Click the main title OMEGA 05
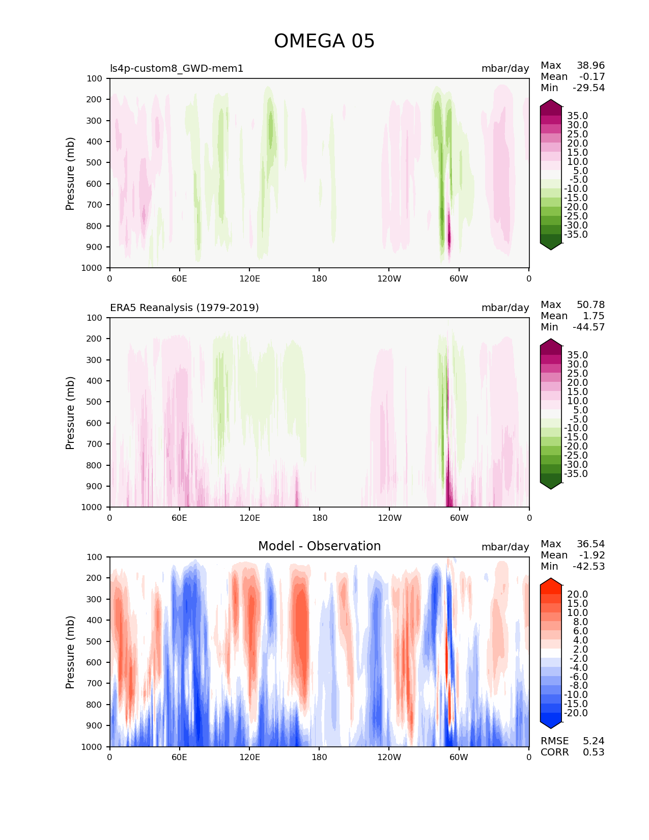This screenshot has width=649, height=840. pyautogui.click(x=324, y=41)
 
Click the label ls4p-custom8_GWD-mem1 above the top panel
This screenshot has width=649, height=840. pyautogui.click(x=177, y=68)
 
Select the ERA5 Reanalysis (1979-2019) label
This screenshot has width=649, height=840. pyautogui.click(x=184, y=307)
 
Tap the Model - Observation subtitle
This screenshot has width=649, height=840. pyautogui.click(x=319, y=546)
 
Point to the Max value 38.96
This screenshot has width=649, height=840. pyautogui.click(x=590, y=66)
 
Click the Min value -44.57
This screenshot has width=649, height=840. pyautogui.click(x=588, y=327)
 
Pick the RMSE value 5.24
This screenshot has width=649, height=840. pyautogui.click(x=594, y=741)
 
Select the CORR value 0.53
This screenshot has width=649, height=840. pyautogui.click(x=594, y=752)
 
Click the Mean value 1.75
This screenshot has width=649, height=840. pyautogui.click(x=594, y=316)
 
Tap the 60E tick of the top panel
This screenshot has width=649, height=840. pyautogui.click(x=179, y=278)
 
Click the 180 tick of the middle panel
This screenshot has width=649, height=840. pyautogui.click(x=319, y=518)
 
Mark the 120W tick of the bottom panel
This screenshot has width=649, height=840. pyautogui.click(x=389, y=757)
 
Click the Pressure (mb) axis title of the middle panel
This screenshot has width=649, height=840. pyautogui.click(x=70, y=413)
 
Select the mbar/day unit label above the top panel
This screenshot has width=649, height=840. pyautogui.click(x=505, y=68)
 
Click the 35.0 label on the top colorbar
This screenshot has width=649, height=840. pyautogui.click(x=577, y=116)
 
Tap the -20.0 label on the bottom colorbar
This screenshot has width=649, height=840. pyautogui.click(x=576, y=713)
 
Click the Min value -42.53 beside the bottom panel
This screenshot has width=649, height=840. pyautogui.click(x=588, y=567)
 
